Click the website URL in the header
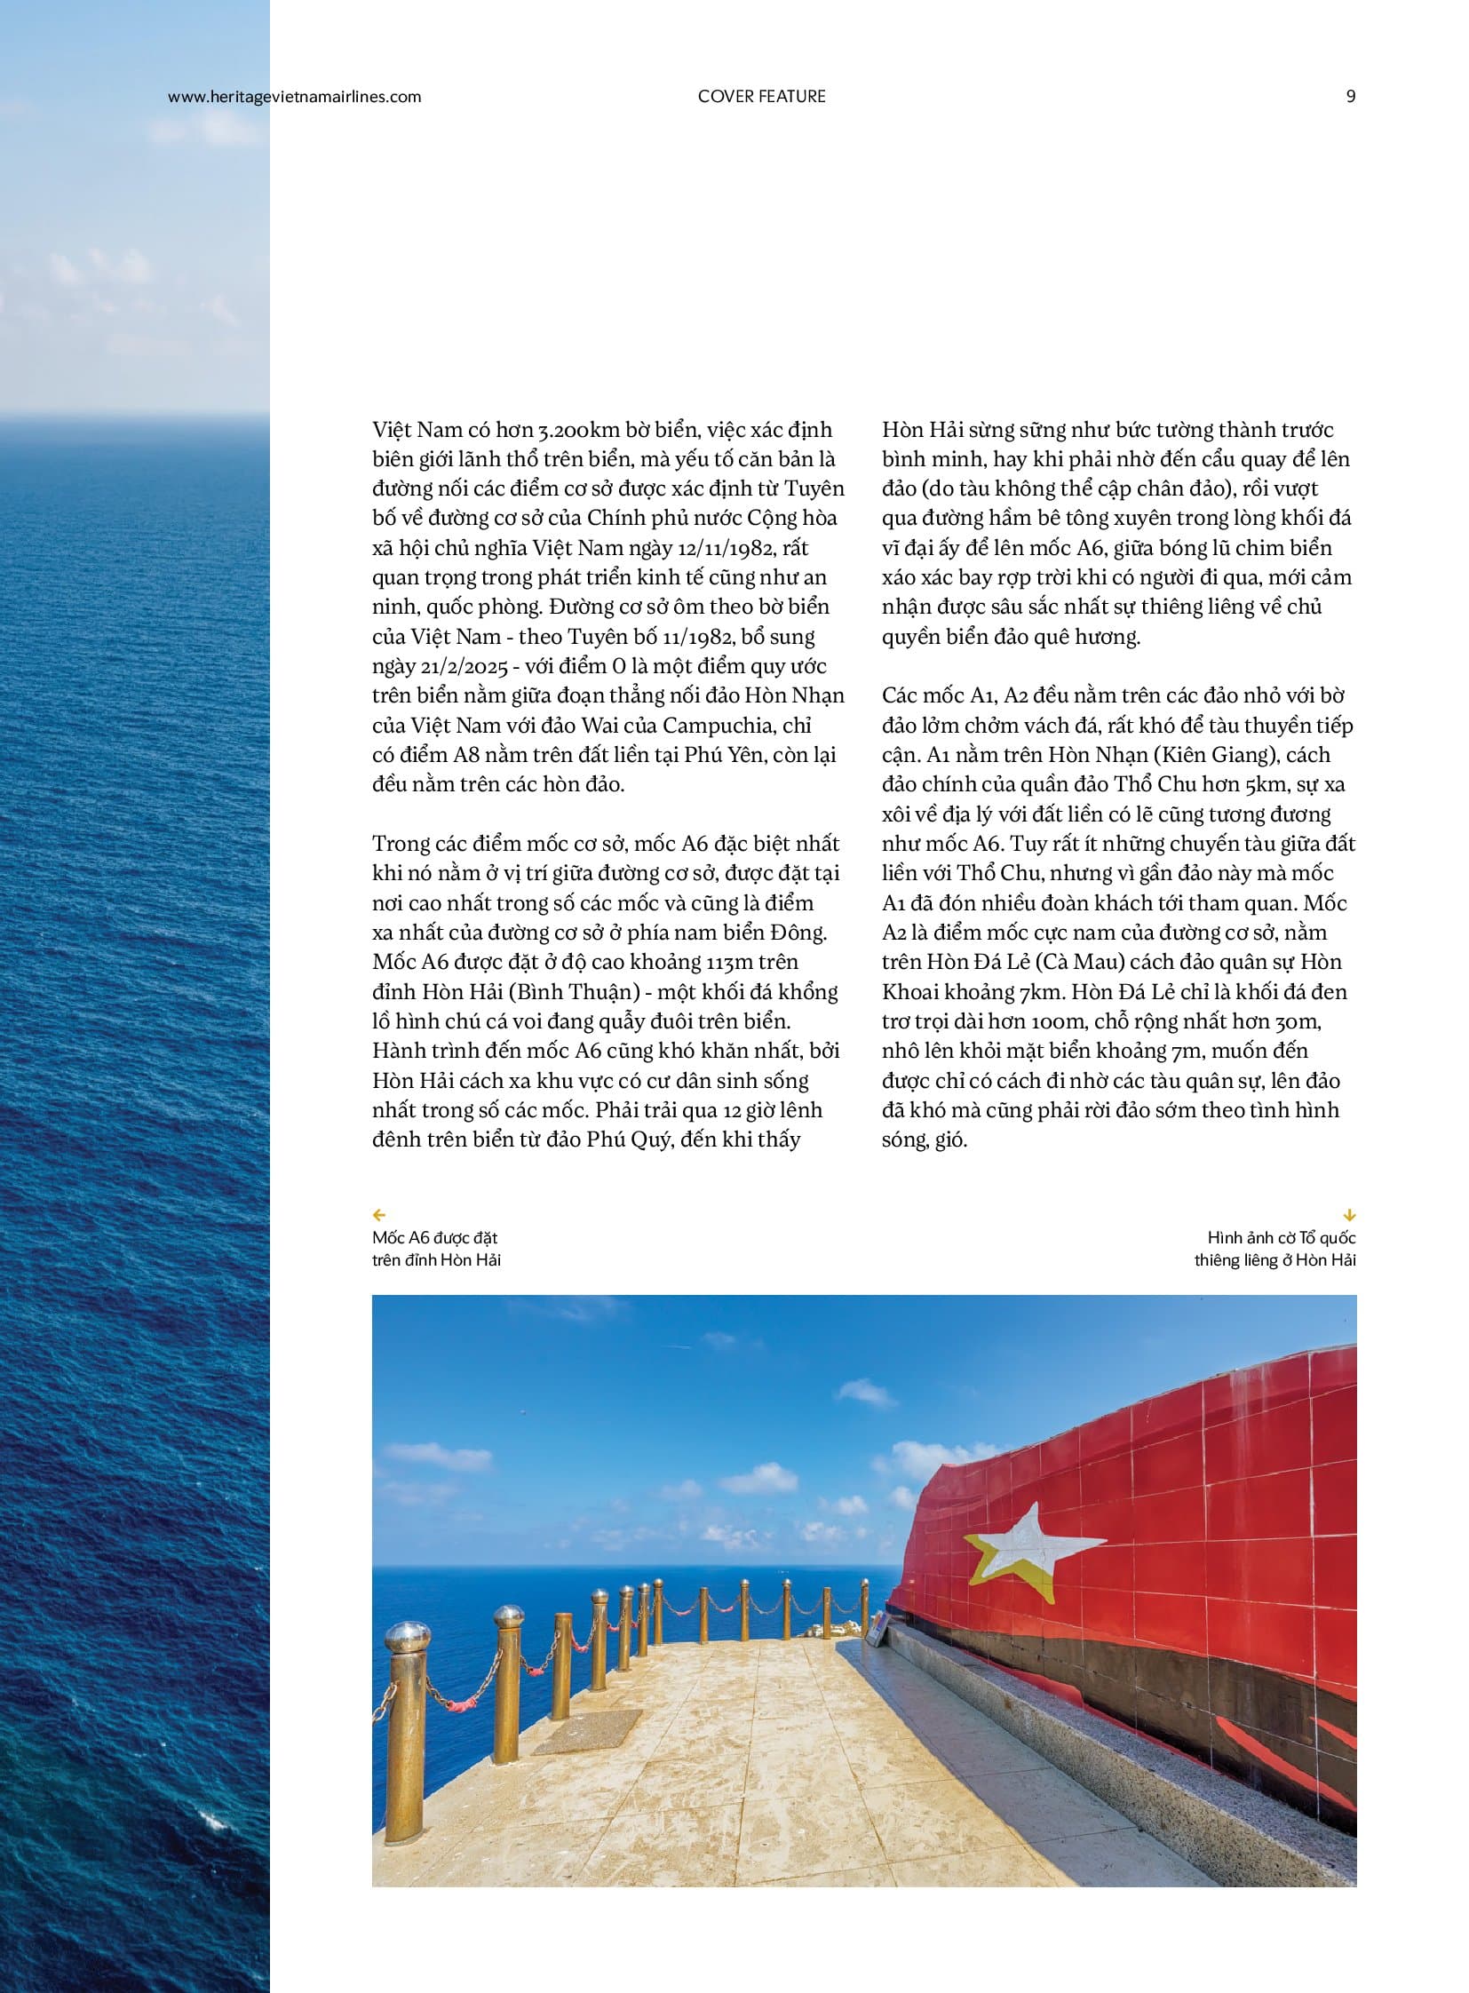(x=294, y=97)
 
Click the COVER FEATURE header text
(x=761, y=97)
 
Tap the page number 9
(x=1351, y=97)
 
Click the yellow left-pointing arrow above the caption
(x=379, y=1215)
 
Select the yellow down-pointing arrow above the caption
(x=1350, y=1215)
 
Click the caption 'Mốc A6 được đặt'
(x=435, y=1238)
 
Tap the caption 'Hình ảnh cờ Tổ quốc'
(x=1281, y=1238)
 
